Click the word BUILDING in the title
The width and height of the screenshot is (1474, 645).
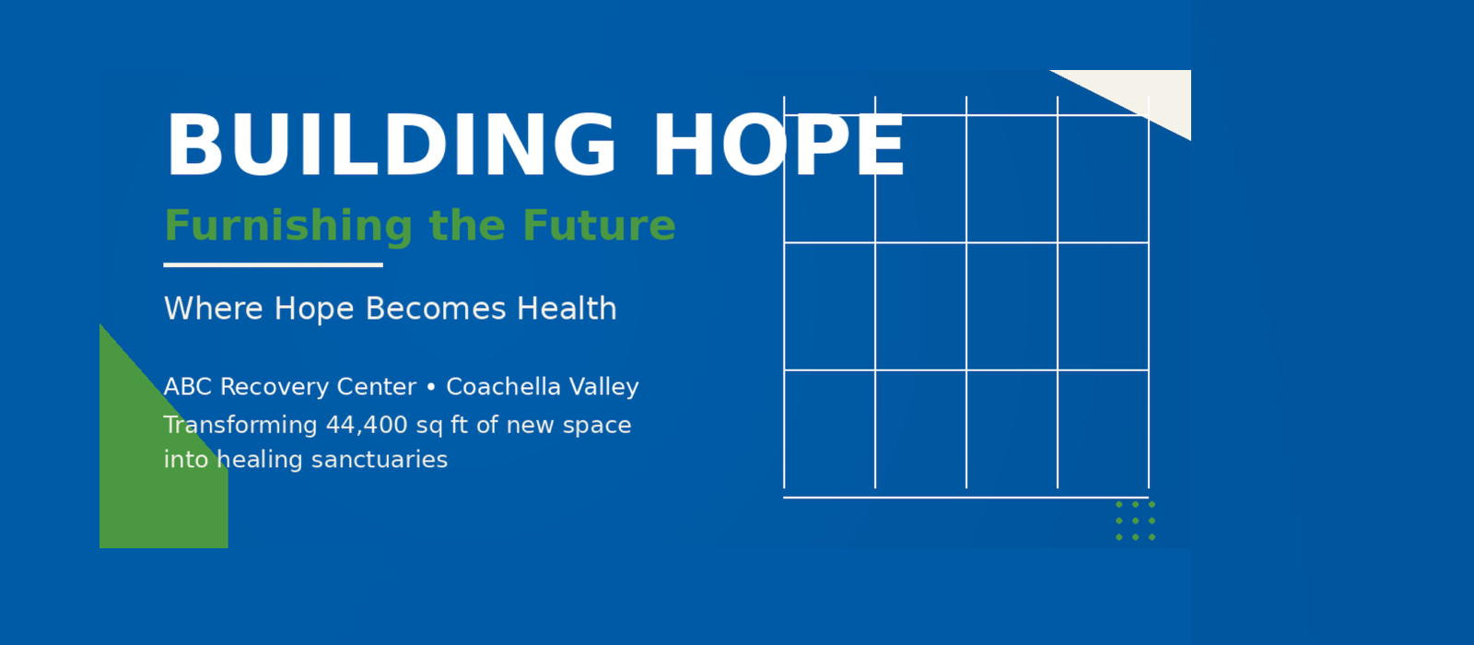tap(392, 146)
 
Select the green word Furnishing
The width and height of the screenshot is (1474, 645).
tap(288, 227)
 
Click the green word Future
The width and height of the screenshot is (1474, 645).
tap(599, 226)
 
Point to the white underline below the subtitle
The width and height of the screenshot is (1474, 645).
tap(273, 265)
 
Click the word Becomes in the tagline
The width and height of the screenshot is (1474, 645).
tap(436, 309)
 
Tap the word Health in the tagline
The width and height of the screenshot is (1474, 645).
tap(567, 308)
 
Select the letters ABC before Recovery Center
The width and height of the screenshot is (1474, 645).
tap(188, 387)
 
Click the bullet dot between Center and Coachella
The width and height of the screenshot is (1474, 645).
tap(431, 388)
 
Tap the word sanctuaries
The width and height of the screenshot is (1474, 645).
tap(379, 460)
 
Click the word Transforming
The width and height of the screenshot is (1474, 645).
tap(240, 426)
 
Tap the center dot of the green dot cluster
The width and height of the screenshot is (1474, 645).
tap(1136, 521)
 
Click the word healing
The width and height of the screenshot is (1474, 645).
tap(259, 460)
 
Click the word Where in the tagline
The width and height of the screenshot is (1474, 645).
tap(213, 308)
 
